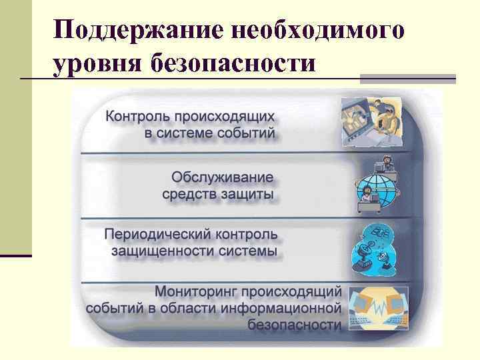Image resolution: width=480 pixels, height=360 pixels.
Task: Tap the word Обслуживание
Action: click(223, 177)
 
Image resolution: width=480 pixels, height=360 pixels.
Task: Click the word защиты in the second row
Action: click(244, 194)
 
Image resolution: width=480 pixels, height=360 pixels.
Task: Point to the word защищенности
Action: click(157, 251)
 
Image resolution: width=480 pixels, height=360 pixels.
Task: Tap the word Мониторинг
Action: click(194, 291)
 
